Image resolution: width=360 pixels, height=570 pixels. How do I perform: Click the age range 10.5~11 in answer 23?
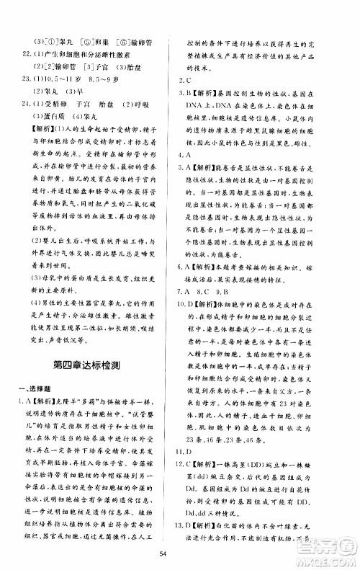tap(63, 77)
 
